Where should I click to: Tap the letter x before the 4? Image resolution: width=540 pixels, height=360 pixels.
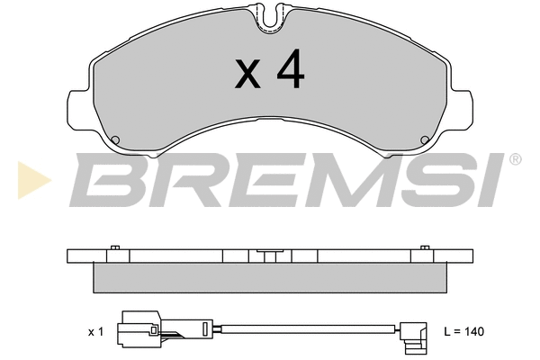tap(247, 75)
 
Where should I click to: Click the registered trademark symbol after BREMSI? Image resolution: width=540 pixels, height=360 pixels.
tap(514, 160)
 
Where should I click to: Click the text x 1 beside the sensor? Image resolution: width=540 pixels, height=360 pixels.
tap(96, 332)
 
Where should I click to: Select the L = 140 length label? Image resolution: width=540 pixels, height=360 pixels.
tap(464, 332)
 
